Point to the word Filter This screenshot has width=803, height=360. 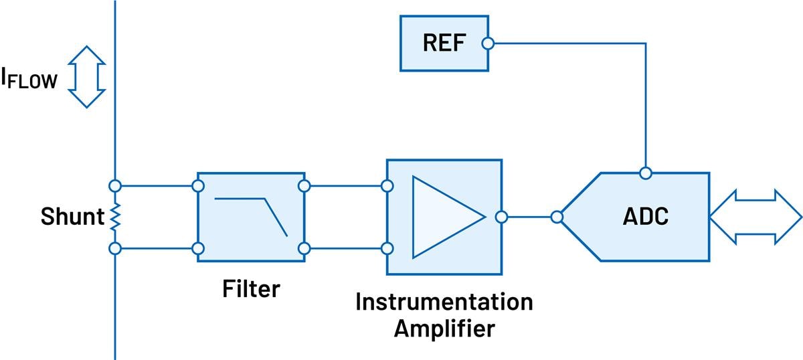(251, 289)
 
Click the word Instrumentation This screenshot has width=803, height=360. (444, 302)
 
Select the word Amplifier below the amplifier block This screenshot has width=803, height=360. (444, 329)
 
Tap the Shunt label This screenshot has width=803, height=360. (72, 217)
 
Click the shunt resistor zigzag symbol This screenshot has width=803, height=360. (114, 217)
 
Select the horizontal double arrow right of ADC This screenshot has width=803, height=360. (755, 217)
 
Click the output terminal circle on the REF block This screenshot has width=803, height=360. (488, 43)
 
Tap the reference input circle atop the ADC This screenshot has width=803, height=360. (645, 173)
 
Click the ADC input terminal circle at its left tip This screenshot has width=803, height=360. (556, 217)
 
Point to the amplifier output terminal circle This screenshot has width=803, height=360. (501, 217)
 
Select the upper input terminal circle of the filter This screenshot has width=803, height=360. (197, 185)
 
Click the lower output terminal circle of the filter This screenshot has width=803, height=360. (304, 249)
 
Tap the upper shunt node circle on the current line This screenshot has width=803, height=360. (114, 185)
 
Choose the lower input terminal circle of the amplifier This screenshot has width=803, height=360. (387, 249)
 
